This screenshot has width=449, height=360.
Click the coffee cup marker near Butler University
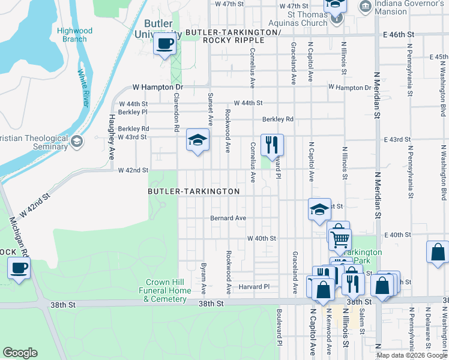tap(164, 44)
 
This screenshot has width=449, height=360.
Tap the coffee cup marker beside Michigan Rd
tap(19, 268)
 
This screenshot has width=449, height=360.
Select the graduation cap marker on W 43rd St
tap(197, 140)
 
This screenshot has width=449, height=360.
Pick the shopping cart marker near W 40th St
tap(340, 239)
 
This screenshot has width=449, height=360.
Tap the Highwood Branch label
tap(74, 35)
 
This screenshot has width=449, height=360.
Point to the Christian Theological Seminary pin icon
tap(76, 142)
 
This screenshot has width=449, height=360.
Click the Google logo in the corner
tap(20, 353)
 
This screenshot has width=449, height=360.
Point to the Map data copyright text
tap(412, 355)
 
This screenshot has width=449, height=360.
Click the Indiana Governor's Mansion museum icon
tap(364, 6)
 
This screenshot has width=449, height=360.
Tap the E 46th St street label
tap(399, 35)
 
